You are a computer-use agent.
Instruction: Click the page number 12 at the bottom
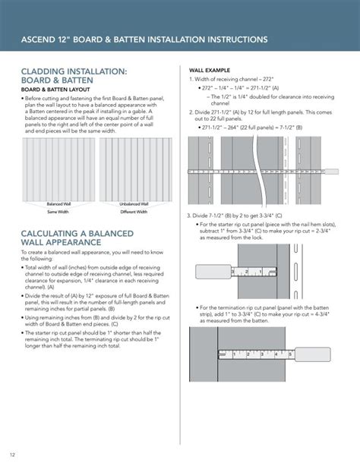coord(13,455)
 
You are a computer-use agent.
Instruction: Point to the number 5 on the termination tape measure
coord(283,354)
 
